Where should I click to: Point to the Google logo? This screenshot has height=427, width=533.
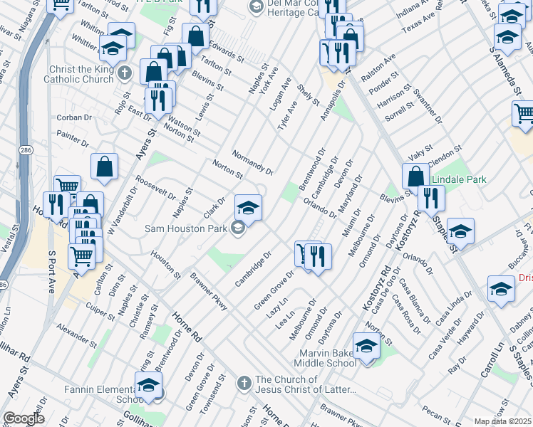click(x=24, y=418)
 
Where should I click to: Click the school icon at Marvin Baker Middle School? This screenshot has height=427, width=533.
click(x=367, y=347)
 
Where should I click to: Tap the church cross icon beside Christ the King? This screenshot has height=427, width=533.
click(x=125, y=73)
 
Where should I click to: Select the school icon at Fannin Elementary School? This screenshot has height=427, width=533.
click(x=148, y=386)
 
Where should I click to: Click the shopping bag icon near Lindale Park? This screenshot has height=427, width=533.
click(x=415, y=178)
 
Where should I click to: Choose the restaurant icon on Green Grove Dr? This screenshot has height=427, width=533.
click(x=318, y=255)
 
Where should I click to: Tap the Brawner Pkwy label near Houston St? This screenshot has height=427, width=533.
click(x=209, y=291)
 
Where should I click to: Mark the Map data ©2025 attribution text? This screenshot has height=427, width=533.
click(x=502, y=421)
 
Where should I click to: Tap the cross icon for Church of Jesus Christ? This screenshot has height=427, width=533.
click(x=244, y=381)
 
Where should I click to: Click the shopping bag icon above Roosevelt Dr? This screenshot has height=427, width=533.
click(x=105, y=167)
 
